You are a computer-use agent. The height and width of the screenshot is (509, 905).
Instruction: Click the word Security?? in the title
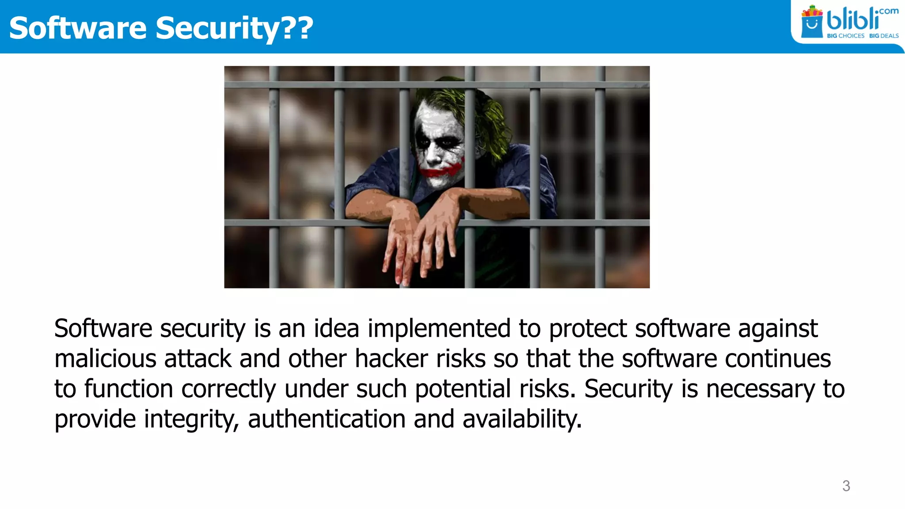click(234, 28)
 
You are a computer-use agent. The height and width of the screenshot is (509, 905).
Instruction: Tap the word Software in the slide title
click(78, 28)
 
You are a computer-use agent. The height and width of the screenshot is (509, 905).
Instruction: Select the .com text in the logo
click(889, 11)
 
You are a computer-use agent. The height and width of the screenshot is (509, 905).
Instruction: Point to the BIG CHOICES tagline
click(845, 36)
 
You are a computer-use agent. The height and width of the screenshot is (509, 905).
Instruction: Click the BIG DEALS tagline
click(884, 36)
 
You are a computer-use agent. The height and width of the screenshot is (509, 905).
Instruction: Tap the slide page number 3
click(846, 486)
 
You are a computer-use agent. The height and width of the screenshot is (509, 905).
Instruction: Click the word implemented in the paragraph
click(439, 328)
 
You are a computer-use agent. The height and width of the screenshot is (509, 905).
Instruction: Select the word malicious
click(105, 358)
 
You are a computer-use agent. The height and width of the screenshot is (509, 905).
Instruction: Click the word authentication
click(327, 419)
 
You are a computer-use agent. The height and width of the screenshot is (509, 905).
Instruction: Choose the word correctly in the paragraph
click(228, 389)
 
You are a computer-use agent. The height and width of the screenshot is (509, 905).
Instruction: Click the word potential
click(463, 389)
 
